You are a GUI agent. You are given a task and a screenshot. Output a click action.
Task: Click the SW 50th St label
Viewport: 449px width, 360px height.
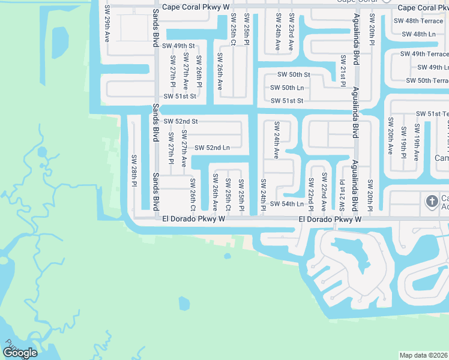click(294, 74)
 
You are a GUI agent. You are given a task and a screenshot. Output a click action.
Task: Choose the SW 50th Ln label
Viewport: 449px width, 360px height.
click(287, 88)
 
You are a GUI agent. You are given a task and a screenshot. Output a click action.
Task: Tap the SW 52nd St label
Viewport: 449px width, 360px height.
click(180, 121)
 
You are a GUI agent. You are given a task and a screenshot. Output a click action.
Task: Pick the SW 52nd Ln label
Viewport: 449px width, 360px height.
click(209, 148)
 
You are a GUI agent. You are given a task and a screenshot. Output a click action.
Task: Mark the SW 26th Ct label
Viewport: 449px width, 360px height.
click(193, 194)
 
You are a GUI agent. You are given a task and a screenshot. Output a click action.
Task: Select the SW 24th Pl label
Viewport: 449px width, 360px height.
click(263, 195)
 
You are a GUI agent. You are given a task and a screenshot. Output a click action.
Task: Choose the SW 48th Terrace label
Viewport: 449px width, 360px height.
click(418, 20)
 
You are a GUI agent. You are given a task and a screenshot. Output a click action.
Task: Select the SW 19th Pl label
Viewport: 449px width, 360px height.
click(403, 143)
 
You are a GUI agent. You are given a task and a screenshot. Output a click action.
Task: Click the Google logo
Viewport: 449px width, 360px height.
click(20, 353)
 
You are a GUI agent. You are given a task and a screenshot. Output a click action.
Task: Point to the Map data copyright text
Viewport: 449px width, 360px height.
click(423, 355)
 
